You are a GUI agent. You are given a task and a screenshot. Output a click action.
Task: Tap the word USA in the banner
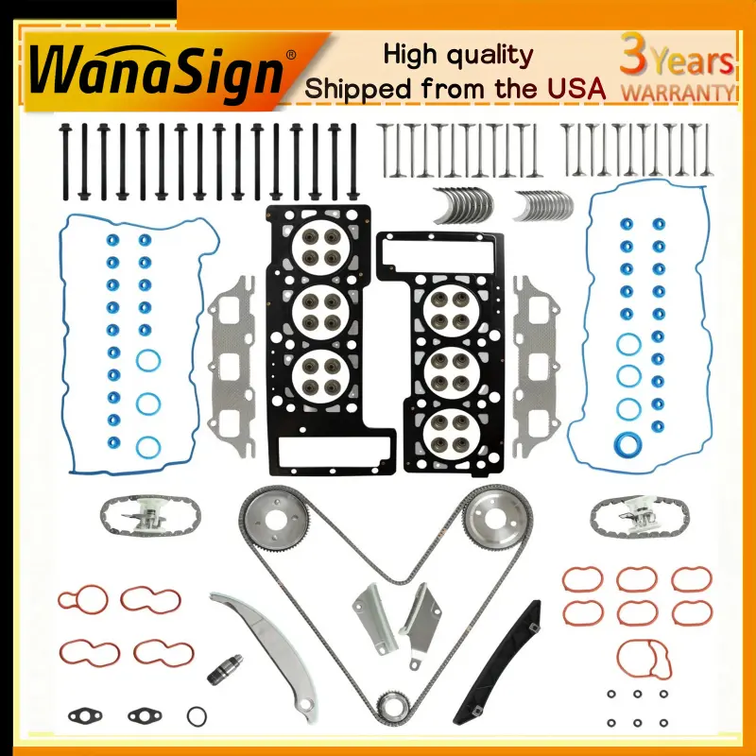click(576, 88)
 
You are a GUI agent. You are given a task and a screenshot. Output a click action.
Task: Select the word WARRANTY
click(678, 92)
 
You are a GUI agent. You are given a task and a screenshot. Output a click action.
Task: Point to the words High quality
click(458, 56)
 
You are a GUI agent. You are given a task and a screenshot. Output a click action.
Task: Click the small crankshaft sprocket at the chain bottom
click(392, 707)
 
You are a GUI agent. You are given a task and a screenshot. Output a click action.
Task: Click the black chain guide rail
click(497, 662)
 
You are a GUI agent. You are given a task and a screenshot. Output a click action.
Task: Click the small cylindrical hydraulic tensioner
click(225, 669)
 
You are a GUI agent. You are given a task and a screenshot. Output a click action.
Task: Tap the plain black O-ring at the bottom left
click(197, 716)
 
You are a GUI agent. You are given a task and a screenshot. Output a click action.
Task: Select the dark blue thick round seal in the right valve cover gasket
click(627, 444)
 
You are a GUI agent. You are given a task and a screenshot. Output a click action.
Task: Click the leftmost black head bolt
click(65, 162)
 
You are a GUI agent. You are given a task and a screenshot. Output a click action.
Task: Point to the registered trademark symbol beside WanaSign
click(291, 55)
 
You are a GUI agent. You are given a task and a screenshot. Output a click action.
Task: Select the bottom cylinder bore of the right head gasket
click(451, 434)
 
